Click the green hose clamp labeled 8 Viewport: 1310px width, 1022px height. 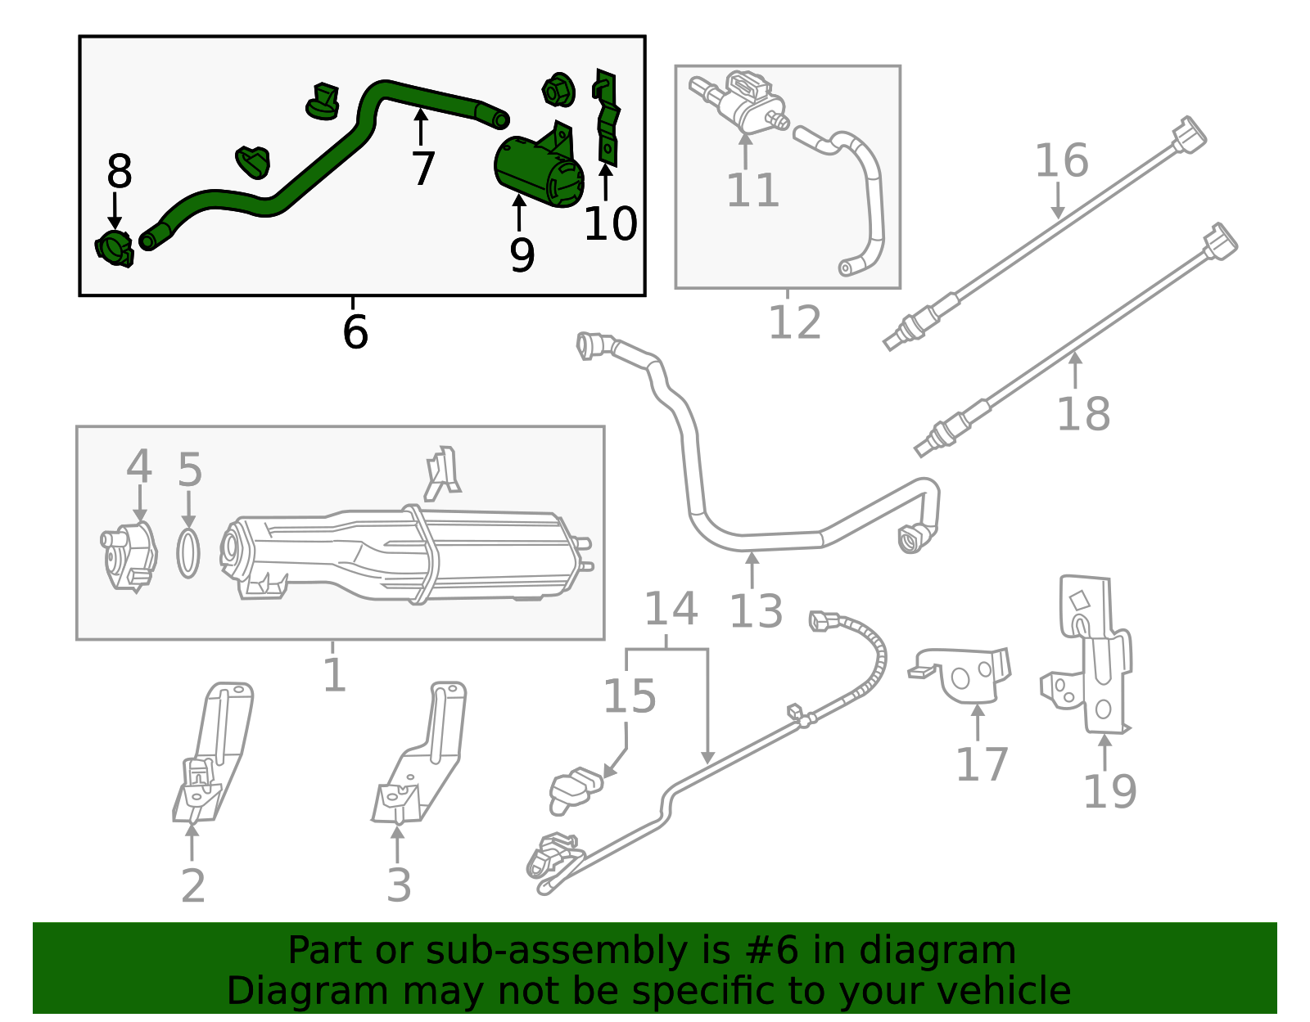[x=115, y=248]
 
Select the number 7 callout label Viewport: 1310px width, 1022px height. [x=422, y=169]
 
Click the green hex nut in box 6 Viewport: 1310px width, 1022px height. [x=557, y=89]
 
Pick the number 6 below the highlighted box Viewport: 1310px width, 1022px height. [x=355, y=332]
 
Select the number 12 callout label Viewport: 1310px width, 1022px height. [x=794, y=322]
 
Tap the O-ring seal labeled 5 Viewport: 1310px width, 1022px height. [x=188, y=553]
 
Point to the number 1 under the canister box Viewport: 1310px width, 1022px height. [x=334, y=676]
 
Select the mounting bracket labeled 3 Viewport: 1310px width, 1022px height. [x=422, y=753]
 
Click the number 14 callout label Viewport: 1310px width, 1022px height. [x=671, y=609]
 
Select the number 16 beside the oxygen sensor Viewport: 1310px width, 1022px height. [x=1061, y=160]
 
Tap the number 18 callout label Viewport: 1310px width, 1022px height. [x=1082, y=413]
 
